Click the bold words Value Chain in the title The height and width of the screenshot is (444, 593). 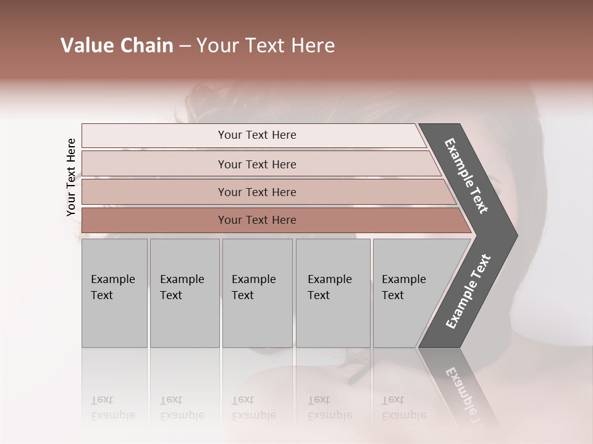[117, 46]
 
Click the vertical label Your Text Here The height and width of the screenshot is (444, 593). [71, 177]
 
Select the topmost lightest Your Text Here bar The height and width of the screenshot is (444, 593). [256, 135]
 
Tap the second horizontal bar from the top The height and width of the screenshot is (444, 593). [256, 164]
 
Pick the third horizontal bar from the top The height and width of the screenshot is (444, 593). [256, 192]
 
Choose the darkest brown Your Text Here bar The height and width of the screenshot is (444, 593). [256, 220]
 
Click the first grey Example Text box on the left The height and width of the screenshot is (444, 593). [114, 293]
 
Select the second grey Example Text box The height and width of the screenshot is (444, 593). [184, 293]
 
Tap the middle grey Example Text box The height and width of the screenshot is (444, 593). [257, 293]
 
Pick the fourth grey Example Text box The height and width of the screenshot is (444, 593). [333, 293]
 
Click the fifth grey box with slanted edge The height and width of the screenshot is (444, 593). [408, 293]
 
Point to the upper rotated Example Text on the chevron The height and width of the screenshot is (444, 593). [466, 176]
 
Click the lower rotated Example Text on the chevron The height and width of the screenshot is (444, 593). [468, 291]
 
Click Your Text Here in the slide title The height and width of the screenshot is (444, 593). [266, 46]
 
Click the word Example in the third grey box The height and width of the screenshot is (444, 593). [253, 279]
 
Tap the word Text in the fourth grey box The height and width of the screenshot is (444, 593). [319, 295]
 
